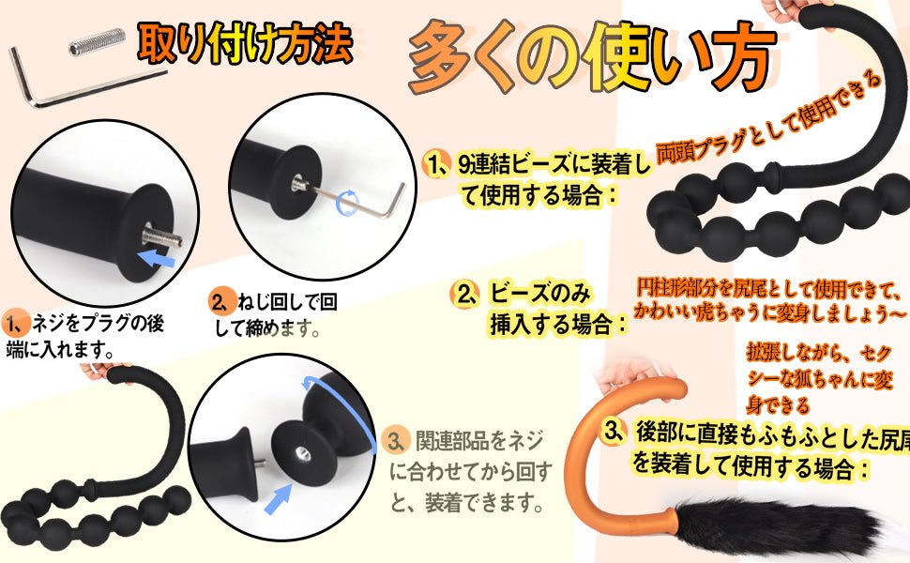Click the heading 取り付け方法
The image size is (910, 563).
pyautogui.click(x=245, y=42)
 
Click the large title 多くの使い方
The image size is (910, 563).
pyautogui.click(x=591, y=58)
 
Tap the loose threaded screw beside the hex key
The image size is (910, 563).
pyautogui.click(x=97, y=41)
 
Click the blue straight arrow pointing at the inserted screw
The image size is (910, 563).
pyautogui.click(x=158, y=256)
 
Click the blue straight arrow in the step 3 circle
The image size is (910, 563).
pyautogui.click(x=278, y=498)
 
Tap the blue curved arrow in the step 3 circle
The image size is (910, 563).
pyautogui.click(x=348, y=406)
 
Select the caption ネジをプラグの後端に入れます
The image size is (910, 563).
pyautogui.click(x=84, y=337)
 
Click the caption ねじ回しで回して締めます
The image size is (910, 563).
pyautogui.click(x=273, y=315)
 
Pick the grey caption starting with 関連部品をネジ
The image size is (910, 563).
pyautogui.click(x=469, y=471)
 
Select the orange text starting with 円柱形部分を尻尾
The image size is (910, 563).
pyautogui.click(x=769, y=300)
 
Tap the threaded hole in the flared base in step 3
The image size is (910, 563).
pyautogui.click(x=301, y=451)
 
